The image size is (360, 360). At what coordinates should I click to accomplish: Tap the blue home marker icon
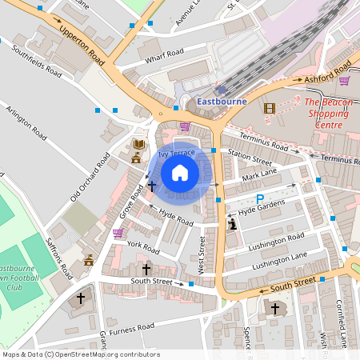180,173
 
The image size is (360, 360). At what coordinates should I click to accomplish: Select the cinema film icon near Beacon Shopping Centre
269,108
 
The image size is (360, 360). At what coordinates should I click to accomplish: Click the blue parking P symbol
258,199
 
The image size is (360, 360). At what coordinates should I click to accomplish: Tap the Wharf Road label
165,54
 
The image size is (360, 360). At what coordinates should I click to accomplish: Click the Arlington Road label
28,122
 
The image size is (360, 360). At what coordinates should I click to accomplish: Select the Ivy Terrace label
176,152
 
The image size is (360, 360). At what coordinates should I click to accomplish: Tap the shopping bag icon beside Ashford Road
344,80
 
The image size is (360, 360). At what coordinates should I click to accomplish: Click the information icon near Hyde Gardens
233,226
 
